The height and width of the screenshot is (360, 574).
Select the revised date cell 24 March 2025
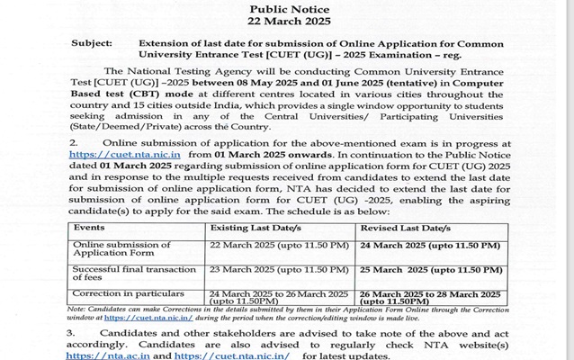tap(435, 245)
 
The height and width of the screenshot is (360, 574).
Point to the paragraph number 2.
tap(72, 142)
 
